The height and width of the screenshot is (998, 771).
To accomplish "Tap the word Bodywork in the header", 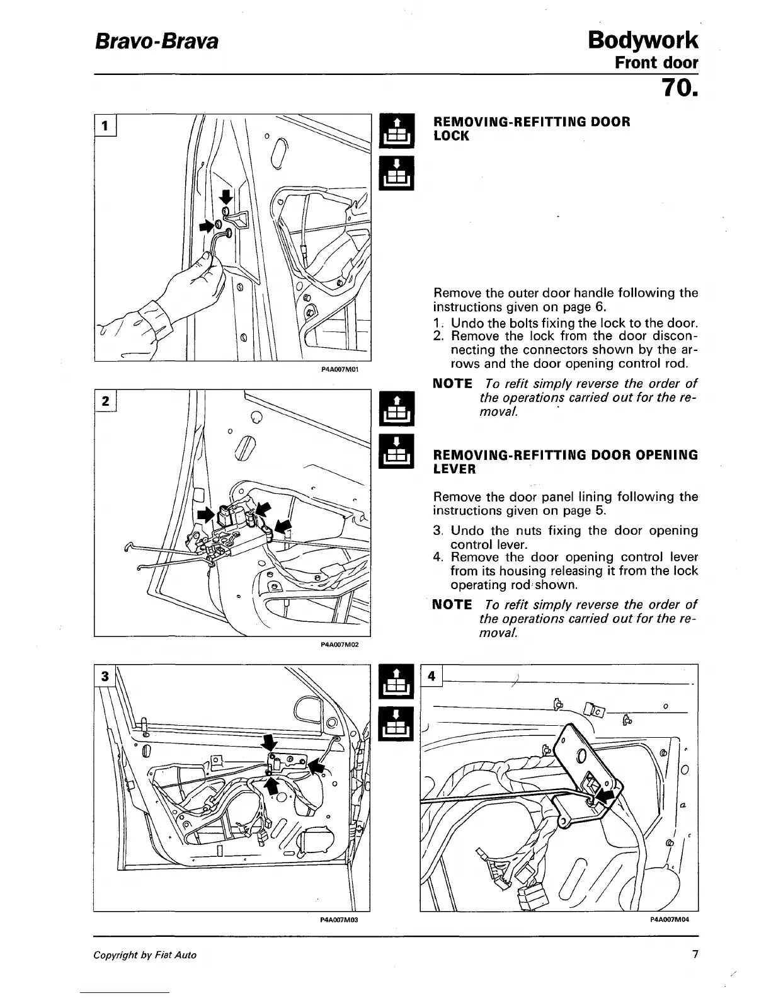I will [642, 40].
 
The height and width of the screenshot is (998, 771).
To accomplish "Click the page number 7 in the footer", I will [695, 955].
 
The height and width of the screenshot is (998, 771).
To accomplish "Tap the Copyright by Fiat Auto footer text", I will [145, 955].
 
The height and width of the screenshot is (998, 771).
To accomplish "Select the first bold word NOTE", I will [453, 384].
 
